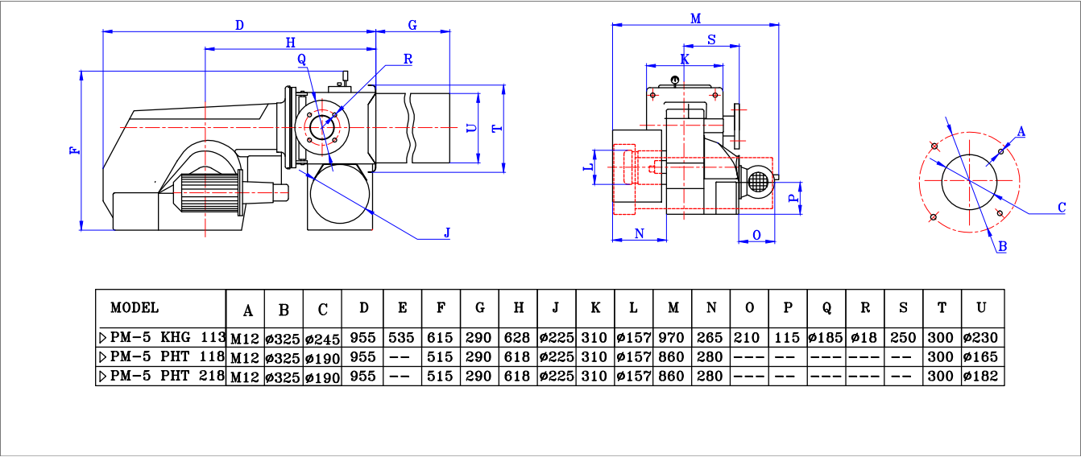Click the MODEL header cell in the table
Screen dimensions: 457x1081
tap(135, 307)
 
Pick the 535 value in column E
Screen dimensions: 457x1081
tap(402, 337)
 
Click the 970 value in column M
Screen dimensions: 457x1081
tap(672, 337)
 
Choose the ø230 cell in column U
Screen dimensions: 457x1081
tap(982, 337)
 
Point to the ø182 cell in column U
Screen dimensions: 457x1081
tap(982, 376)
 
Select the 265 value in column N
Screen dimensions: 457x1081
tap(710, 337)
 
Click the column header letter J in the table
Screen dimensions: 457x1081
tap(556, 308)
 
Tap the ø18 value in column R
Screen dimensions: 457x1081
tap(865, 337)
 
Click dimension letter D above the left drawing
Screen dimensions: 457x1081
tap(239, 25)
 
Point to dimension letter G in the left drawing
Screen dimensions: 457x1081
tap(412, 25)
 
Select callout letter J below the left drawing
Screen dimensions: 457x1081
tap(447, 233)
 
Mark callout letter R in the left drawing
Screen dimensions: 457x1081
tap(408, 59)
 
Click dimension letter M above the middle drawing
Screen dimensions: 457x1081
tap(695, 19)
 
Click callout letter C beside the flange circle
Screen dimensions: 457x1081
tap(1062, 208)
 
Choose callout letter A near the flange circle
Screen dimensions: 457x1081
tap(1021, 131)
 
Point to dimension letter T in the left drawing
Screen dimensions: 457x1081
tap(496, 128)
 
